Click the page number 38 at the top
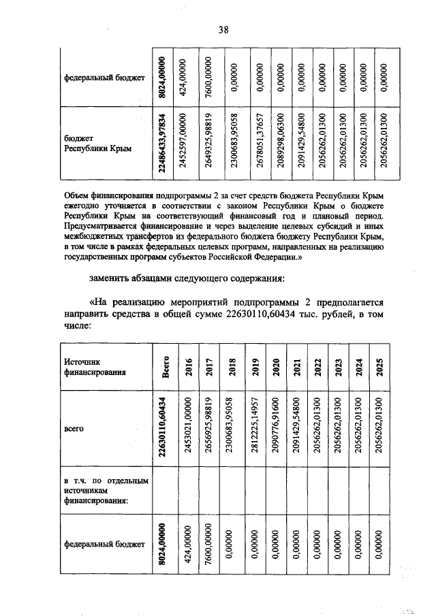[222, 29]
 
